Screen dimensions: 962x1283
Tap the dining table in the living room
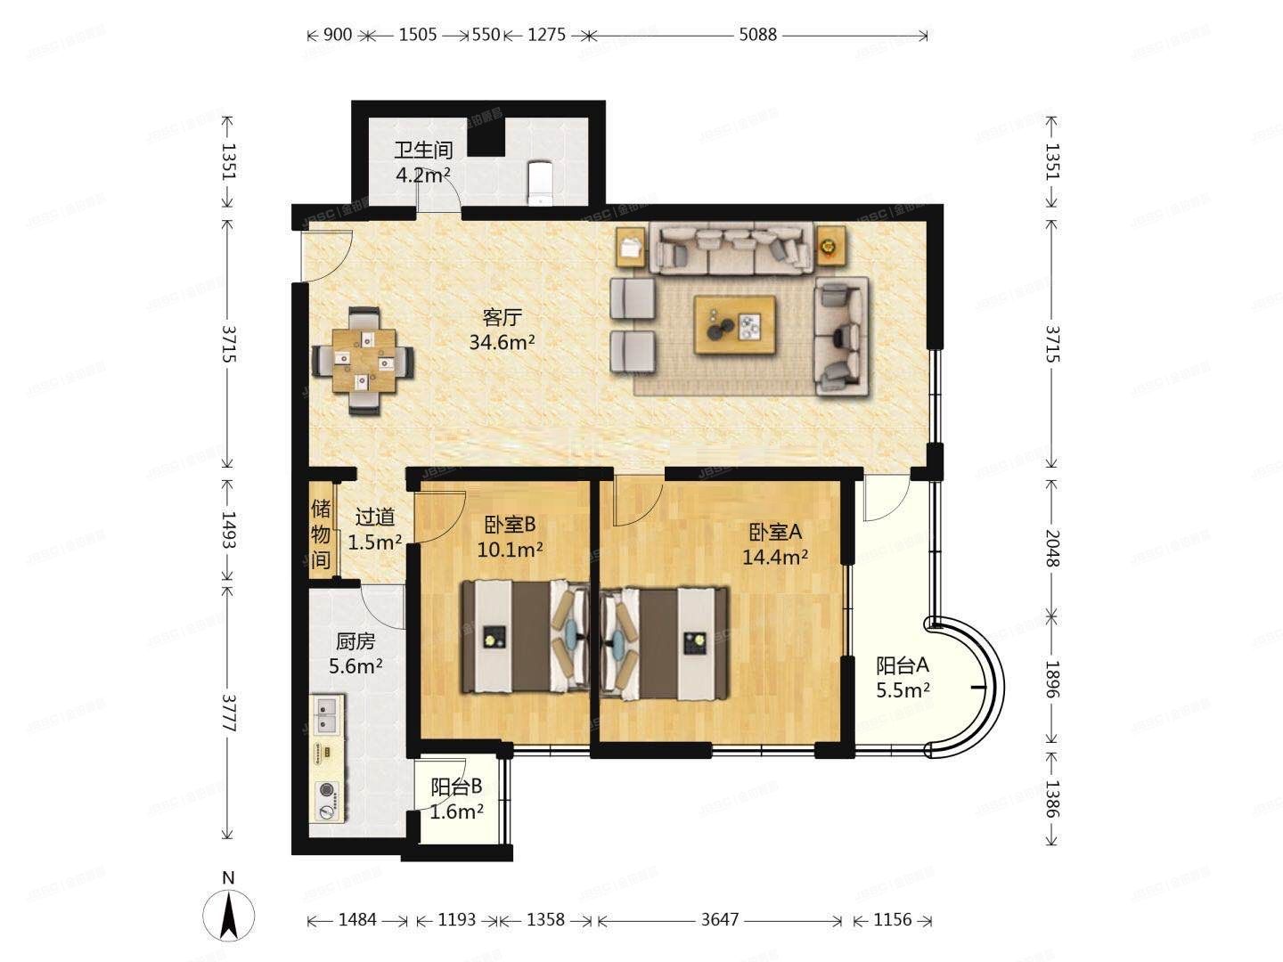364,360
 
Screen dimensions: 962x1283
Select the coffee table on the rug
734,326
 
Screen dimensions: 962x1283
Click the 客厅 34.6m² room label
502,329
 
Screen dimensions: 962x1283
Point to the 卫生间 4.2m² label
423,161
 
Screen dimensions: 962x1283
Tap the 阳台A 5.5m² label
903,677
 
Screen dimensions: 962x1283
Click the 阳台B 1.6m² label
456,798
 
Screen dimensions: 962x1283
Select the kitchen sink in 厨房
327,713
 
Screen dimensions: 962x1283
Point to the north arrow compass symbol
228,913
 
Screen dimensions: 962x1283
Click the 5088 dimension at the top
757,35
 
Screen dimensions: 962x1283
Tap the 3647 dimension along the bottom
719,920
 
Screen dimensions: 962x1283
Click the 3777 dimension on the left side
229,713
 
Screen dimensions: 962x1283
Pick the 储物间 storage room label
321,534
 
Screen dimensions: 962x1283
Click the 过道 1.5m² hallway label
374,529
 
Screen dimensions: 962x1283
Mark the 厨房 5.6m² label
355,653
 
